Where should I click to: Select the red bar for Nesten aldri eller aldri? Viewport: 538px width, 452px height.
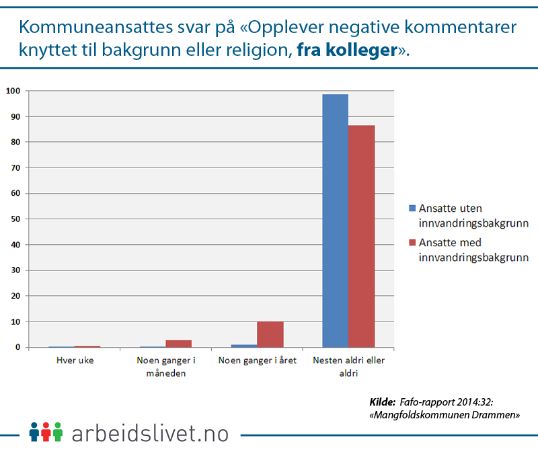pyautogui.click(x=361, y=236)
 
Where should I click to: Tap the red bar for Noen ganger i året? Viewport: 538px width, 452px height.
pyautogui.click(x=270, y=334)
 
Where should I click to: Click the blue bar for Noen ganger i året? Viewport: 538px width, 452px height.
pyautogui.click(x=244, y=346)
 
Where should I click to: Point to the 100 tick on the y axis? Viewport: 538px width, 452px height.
pyautogui.click(x=13, y=91)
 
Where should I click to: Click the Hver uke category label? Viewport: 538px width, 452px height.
pyautogui.click(x=75, y=361)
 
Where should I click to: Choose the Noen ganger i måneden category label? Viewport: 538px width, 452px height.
pyautogui.click(x=165, y=367)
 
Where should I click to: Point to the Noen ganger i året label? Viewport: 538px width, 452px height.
pyautogui.click(x=258, y=361)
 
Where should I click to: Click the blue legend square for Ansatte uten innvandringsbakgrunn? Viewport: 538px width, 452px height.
pyautogui.click(x=412, y=207)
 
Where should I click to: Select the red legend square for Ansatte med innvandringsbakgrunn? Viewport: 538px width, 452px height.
pyautogui.click(x=412, y=242)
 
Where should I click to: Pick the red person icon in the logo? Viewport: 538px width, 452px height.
pyautogui.click(x=46, y=431)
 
